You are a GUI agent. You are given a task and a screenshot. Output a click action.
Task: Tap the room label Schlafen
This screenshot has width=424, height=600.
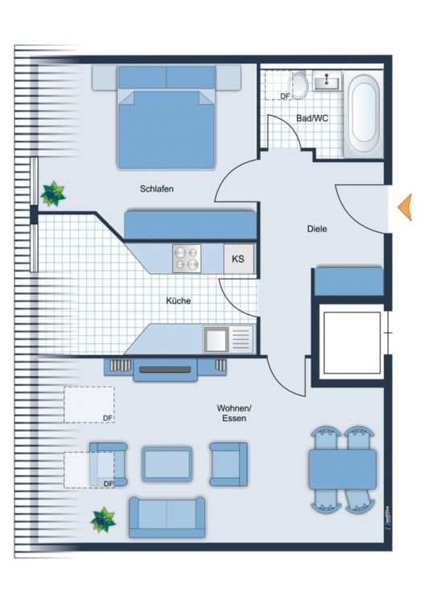tap(156, 189)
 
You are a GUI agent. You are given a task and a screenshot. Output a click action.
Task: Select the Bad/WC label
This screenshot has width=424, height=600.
tap(312, 118)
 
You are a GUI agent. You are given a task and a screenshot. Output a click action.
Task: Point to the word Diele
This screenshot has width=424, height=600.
tap(317, 229)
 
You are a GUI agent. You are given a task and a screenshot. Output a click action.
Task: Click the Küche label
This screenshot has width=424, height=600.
tap(179, 300)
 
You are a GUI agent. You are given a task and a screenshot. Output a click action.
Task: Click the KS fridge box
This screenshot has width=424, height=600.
tap(238, 259)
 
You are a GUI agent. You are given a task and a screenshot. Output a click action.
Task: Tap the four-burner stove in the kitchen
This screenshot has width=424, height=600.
tap(187, 259)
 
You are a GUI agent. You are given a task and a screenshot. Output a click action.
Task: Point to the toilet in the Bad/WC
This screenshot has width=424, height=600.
tap(299, 85)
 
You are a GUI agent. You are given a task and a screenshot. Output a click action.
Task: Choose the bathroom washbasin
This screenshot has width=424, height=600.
tap(329, 81)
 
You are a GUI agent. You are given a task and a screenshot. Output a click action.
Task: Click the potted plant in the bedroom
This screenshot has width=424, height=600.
tap(53, 194)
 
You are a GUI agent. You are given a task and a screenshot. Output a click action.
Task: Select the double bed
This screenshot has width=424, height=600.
tap(167, 121)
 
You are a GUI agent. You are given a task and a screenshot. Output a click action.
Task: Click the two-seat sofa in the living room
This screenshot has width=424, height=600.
tap(167, 517)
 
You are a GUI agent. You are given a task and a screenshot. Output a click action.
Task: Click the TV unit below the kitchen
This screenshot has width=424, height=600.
tap(165, 369)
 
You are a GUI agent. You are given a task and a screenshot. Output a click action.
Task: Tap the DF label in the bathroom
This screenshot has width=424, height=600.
tap(285, 97)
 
